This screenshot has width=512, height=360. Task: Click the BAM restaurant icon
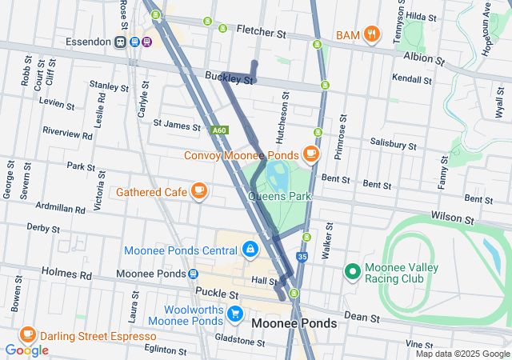(x=371, y=34)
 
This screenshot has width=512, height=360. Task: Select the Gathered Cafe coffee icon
(x=199, y=191)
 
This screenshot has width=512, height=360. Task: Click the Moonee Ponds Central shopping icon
(x=250, y=250)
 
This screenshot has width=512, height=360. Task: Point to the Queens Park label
(x=279, y=196)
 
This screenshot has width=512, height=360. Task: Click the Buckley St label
(x=229, y=78)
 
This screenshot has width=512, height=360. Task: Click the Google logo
(x=26, y=350)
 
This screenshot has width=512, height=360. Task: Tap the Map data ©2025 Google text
(x=462, y=354)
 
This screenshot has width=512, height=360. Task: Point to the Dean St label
(x=362, y=318)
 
